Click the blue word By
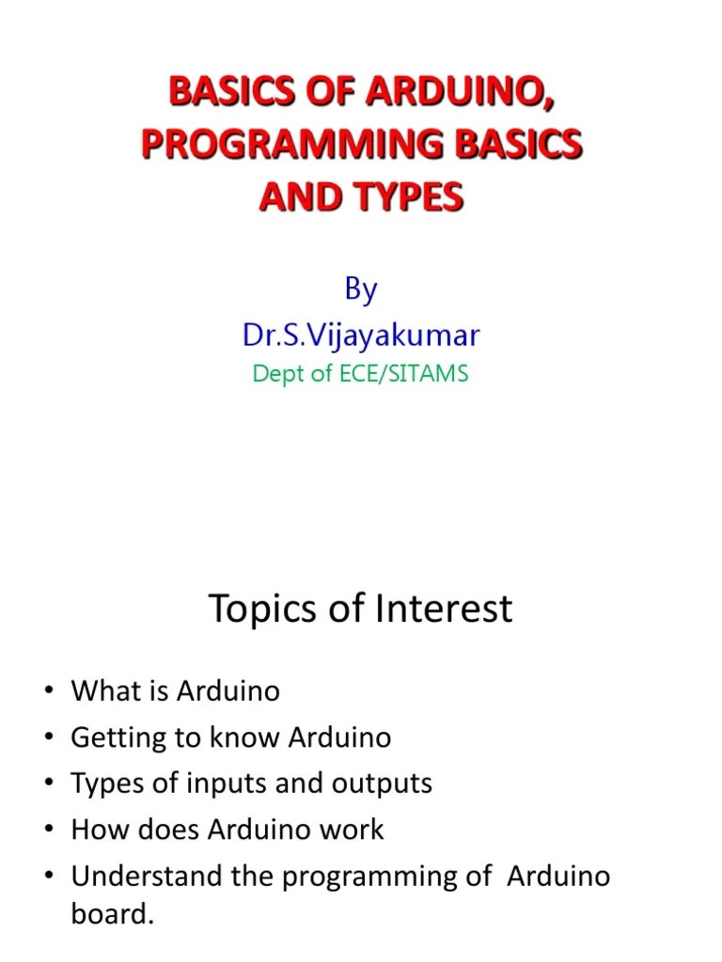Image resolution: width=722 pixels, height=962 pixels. pos(360,289)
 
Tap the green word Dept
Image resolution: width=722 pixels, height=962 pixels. pos(279,374)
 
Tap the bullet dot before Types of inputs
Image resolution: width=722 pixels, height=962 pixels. pos(48,784)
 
